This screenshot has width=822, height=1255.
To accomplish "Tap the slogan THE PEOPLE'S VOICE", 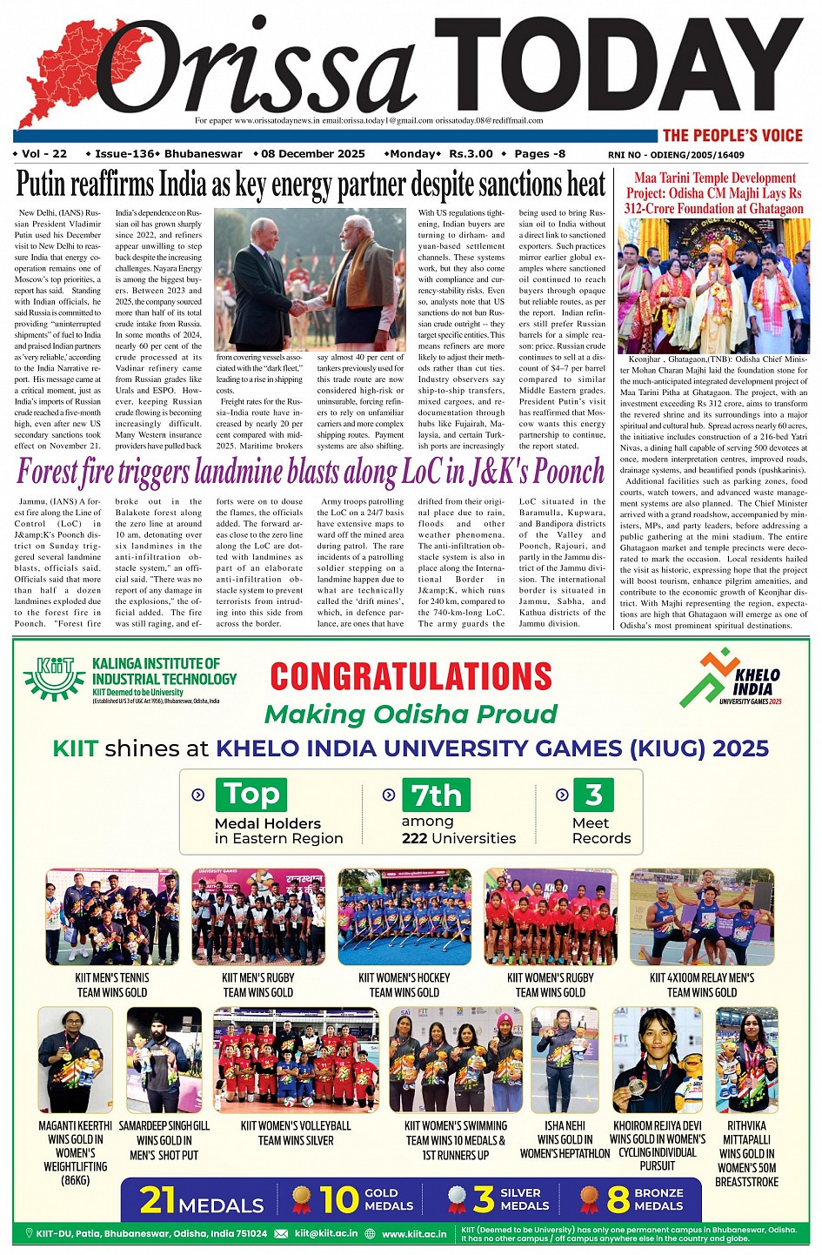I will (x=732, y=135).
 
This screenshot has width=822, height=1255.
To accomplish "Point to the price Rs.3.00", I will (x=471, y=154).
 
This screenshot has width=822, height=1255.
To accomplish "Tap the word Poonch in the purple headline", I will (x=568, y=473).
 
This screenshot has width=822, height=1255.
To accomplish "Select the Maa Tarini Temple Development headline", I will (x=713, y=193).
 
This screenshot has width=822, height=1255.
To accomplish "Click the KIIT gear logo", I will (x=55, y=678).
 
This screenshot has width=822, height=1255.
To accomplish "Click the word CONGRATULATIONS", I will (x=411, y=676).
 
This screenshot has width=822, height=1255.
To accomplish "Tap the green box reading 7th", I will (x=436, y=794).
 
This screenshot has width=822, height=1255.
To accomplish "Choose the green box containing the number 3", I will (x=593, y=794).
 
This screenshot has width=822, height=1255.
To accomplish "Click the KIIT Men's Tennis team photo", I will (x=112, y=916).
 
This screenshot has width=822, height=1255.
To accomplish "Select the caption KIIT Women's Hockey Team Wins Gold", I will (x=404, y=984).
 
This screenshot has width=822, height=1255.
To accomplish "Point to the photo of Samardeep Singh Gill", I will (x=164, y=1059).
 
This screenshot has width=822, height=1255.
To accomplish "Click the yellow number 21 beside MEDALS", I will (x=157, y=1199).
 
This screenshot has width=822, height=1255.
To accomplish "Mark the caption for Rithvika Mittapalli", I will (x=746, y=1153).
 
